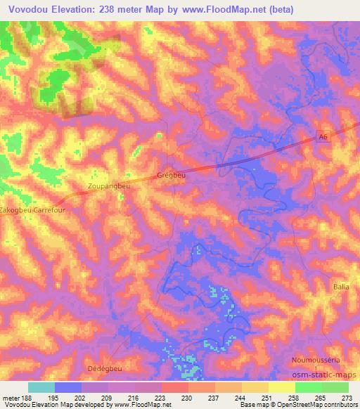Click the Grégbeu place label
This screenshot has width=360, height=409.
[171, 176]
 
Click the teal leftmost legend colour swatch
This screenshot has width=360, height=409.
[41, 387]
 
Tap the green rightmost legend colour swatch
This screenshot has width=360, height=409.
[335, 387]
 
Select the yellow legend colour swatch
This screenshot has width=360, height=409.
[281, 387]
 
